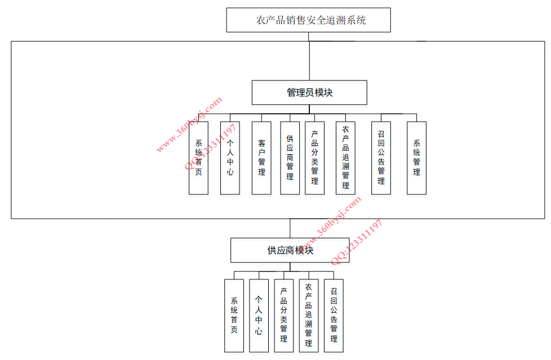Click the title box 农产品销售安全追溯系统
[308, 20]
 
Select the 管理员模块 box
[309, 92]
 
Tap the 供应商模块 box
[290, 250]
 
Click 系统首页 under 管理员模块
[198, 158]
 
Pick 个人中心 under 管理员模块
[230, 158]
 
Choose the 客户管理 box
[261, 158]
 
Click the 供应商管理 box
[290, 158]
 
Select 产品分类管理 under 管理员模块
[314, 158]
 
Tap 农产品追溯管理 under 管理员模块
[345, 158]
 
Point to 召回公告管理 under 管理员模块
[381, 158]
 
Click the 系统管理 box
[416, 158]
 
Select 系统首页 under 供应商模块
[234, 315]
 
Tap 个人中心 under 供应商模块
[259, 315]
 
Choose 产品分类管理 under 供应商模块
[283, 315]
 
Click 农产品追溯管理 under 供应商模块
[308, 315]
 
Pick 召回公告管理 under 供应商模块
[334, 315]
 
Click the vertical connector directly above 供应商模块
[290, 228]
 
